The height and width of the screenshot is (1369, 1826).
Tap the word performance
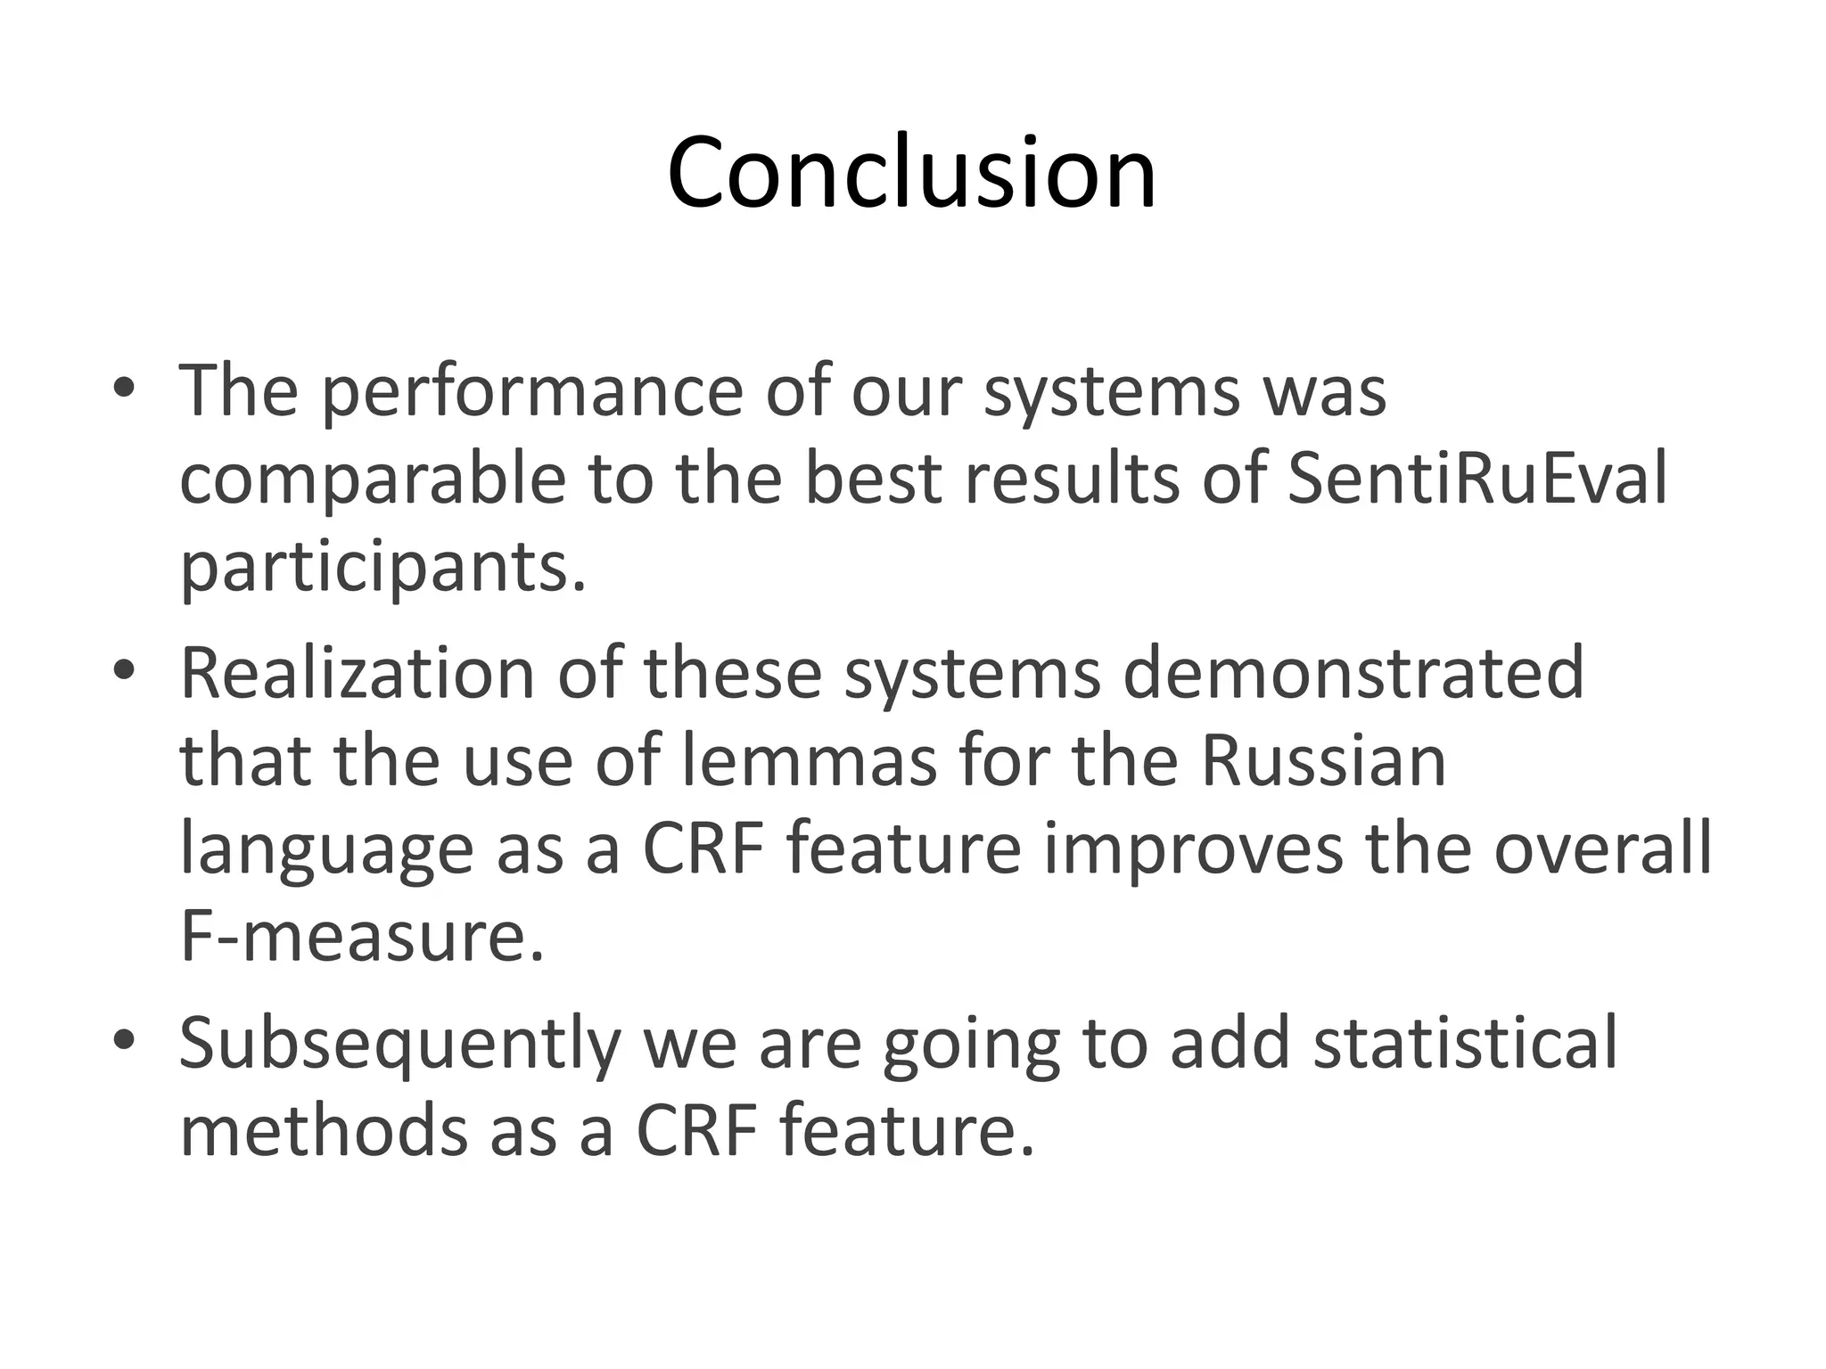[531, 392]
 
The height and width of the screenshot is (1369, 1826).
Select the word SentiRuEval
[1476, 479]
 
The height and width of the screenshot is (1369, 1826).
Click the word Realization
[358, 673]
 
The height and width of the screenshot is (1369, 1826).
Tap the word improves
[1193, 849]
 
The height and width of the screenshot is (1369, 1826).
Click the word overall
[1602, 849]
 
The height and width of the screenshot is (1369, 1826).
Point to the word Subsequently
[399, 1044]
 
